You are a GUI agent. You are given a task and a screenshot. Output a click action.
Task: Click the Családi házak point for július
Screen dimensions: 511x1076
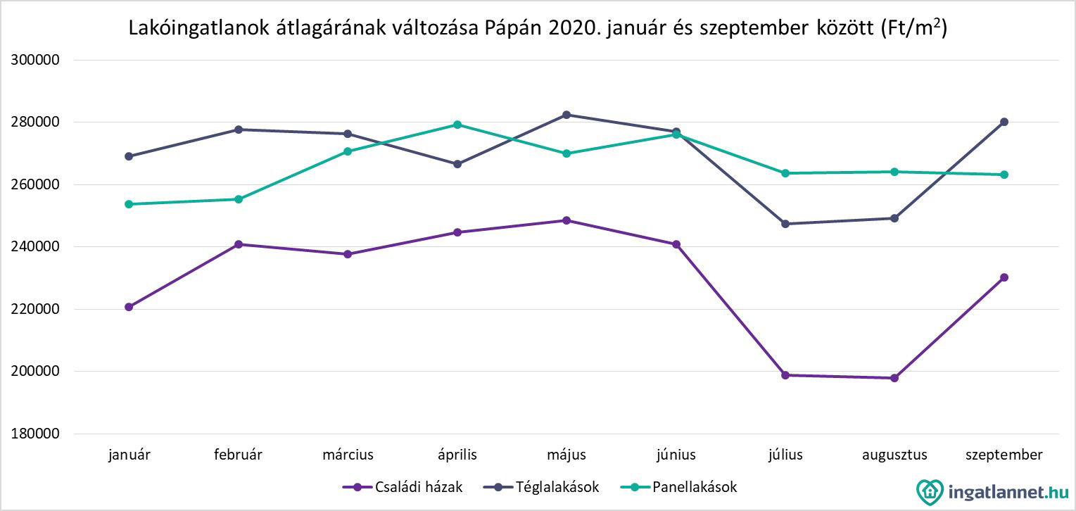(x=785, y=375)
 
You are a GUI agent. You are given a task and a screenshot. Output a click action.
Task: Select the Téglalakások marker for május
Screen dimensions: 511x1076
(x=567, y=115)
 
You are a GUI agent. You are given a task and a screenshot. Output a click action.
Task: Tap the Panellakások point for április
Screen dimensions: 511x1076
(x=457, y=125)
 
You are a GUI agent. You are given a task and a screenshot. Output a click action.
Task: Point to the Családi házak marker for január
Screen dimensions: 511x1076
(x=129, y=307)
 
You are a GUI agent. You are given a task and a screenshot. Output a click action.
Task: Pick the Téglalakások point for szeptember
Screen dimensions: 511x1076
(x=1004, y=122)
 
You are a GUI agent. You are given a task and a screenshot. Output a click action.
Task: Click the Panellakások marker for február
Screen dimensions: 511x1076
(x=239, y=199)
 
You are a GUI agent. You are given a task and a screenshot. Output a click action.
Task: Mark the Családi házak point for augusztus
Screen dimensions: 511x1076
(x=894, y=378)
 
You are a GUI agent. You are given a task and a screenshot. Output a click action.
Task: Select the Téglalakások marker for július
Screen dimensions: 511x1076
(x=785, y=224)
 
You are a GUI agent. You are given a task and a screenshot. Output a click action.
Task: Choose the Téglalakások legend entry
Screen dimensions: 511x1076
(x=542, y=487)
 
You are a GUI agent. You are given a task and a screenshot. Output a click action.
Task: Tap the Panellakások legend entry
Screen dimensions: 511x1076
(x=680, y=487)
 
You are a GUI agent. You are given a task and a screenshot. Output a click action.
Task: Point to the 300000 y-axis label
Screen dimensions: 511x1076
(x=35, y=60)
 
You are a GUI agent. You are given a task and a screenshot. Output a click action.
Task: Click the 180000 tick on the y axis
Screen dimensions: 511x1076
(x=35, y=434)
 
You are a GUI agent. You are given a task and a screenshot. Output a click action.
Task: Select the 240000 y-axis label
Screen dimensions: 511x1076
(x=35, y=247)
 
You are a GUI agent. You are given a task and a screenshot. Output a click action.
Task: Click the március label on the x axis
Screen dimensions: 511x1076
(x=348, y=455)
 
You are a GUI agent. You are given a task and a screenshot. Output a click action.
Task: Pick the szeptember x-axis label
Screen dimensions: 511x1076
(x=1004, y=455)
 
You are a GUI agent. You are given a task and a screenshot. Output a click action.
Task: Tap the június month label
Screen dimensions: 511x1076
(x=676, y=455)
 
